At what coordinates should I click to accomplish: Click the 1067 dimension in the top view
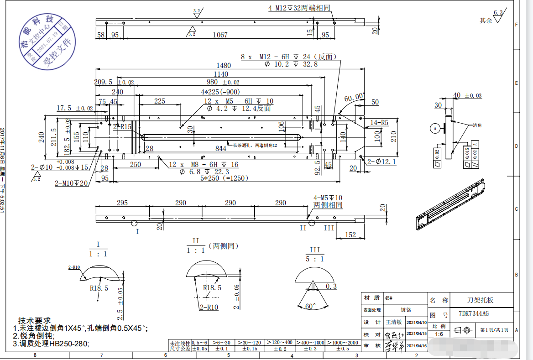pyautogui.click(x=220, y=35)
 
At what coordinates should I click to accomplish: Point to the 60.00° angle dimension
pyautogui.click(x=355, y=97)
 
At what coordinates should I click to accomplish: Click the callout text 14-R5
pyautogui.click(x=379, y=122)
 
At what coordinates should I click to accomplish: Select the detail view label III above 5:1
pyautogui.click(x=314, y=250)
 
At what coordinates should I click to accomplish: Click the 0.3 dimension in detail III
pyautogui.click(x=331, y=286)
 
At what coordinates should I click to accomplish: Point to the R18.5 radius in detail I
pyautogui.click(x=99, y=288)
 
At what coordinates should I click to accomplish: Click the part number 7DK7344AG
pyautogui.click(x=474, y=313)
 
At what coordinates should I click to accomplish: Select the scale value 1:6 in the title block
pyautogui.click(x=439, y=334)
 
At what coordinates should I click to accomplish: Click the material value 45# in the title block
pyautogui.click(x=389, y=297)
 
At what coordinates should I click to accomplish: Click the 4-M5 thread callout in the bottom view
pyautogui.click(x=328, y=198)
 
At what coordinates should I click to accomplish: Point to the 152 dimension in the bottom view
pyautogui.click(x=350, y=235)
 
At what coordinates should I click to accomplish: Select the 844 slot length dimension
pyautogui.click(x=221, y=148)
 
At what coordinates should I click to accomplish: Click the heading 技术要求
pyautogui.click(x=34, y=320)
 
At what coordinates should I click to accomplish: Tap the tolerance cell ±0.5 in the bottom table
pyautogui.click(x=342, y=349)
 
